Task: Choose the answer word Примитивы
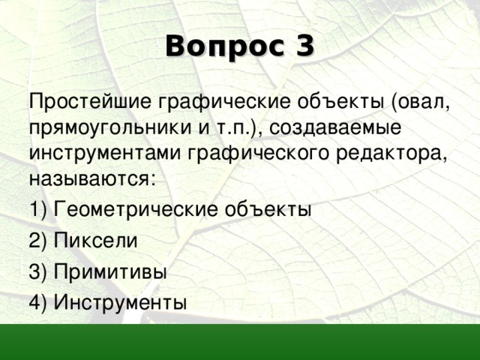(109, 271)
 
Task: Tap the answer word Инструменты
(120, 302)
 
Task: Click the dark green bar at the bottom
(240, 342)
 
